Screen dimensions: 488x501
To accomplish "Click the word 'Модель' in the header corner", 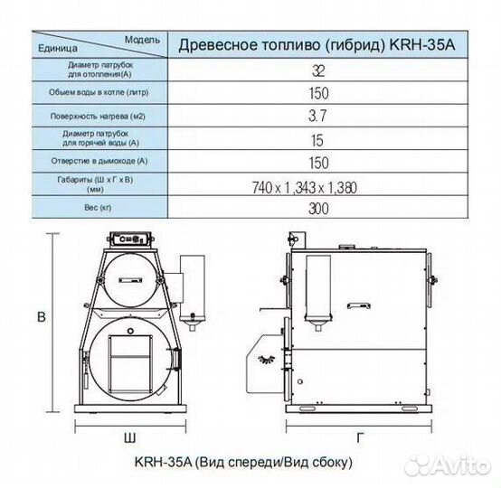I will tap(141, 40).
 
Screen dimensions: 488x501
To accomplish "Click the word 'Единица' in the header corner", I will tap(55, 49).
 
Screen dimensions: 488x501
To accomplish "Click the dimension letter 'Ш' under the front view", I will tap(130, 437).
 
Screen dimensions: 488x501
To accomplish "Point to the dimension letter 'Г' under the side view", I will tap(360, 437).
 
